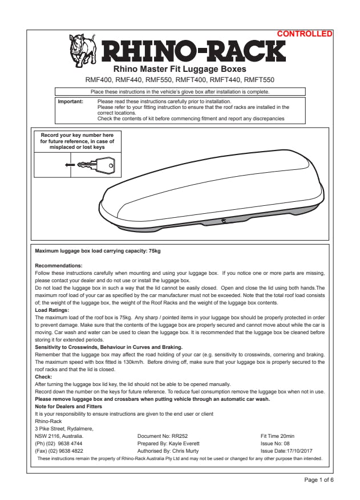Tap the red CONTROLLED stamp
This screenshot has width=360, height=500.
click(304, 34)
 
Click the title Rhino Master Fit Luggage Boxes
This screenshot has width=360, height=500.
click(180, 70)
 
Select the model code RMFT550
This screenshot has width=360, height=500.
click(259, 80)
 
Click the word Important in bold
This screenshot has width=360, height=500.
click(71, 101)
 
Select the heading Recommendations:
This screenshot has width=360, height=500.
click(59, 266)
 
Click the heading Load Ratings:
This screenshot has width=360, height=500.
click(52, 310)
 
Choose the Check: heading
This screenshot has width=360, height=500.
click(43, 376)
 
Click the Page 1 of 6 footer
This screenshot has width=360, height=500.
click(319, 480)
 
